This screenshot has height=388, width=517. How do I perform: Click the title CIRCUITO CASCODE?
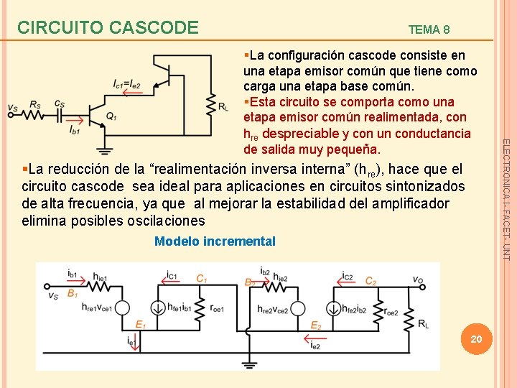[x=108, y=27]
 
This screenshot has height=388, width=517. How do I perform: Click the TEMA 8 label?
[x=429, y=29]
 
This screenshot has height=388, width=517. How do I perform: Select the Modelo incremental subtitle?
[x=215, y=241]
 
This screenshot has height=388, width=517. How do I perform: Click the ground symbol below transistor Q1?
[x=105, y=149]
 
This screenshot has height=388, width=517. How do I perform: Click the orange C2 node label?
[x=370, y=281]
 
